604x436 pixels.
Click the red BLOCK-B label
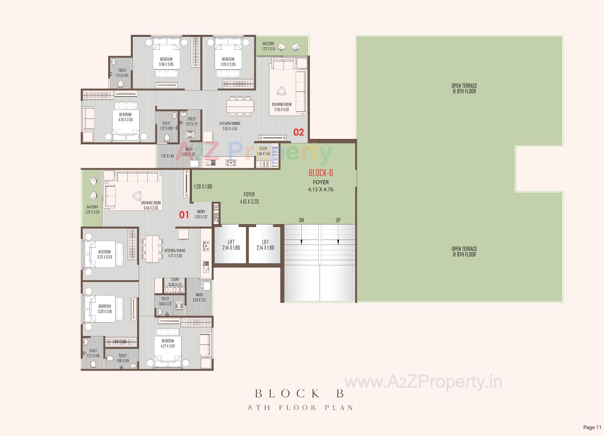click(321, 173)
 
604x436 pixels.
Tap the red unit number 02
click(299, 132)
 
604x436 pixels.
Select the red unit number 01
click(184, 215)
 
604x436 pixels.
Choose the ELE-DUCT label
click(216, 214)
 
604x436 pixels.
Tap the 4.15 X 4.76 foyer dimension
click(321, 190)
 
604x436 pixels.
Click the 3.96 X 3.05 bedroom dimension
click(166, 64)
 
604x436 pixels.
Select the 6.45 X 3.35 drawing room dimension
click(151, 208)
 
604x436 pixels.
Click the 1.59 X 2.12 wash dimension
click(199, 300)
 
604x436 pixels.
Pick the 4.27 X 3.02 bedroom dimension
click(168, 346)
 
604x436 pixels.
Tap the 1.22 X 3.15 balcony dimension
click(268, 49)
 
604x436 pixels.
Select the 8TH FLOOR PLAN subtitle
click(301, 408)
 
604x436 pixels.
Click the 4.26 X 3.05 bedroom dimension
click(125, 120)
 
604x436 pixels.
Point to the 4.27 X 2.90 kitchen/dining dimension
click(175, 256)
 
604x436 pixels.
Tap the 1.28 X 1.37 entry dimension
click(201, 217)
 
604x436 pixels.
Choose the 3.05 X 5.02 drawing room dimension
click(282, 110)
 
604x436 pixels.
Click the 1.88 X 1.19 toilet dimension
click(123, 361)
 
